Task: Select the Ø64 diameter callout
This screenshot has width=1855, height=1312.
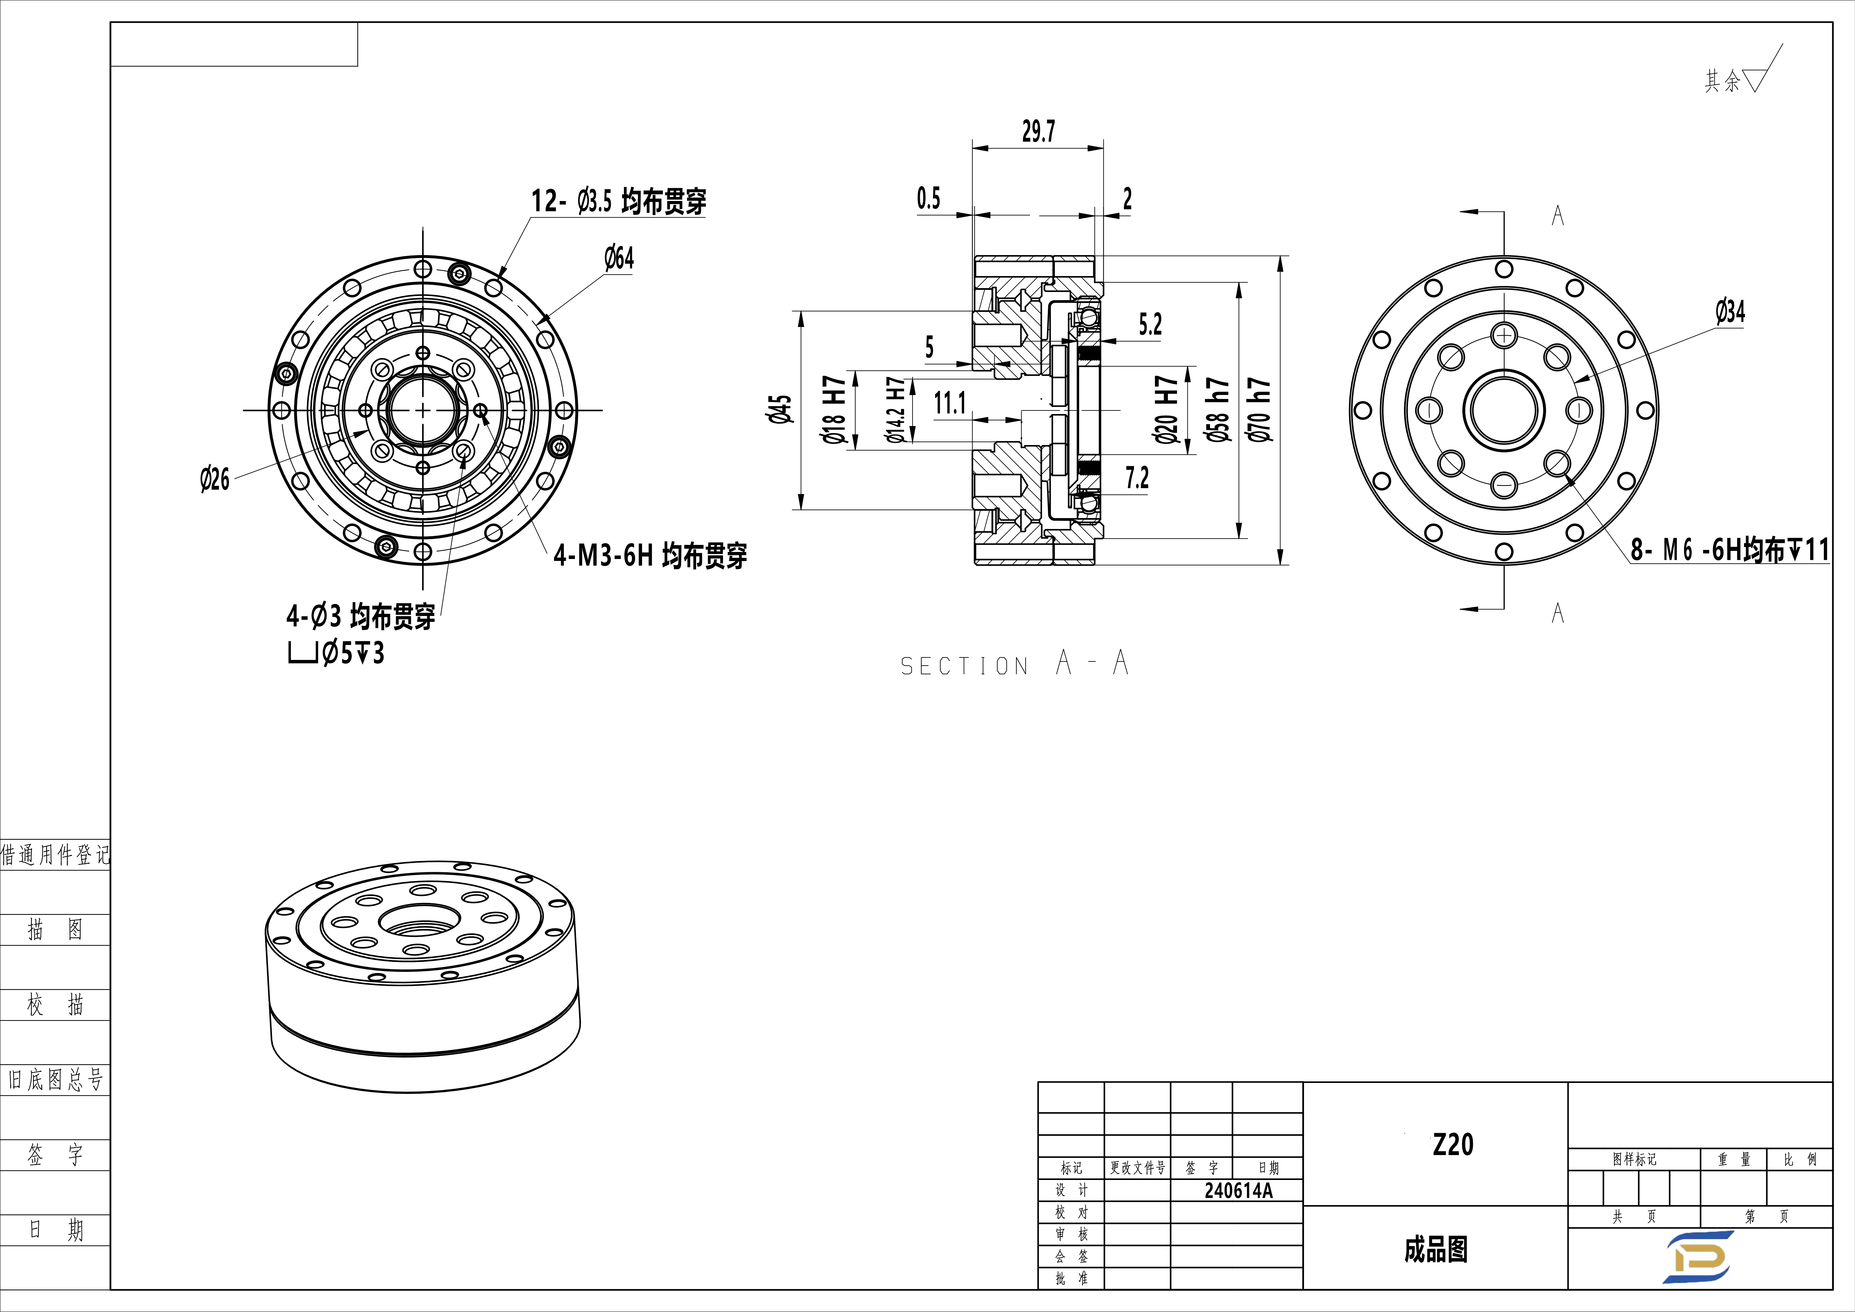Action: (x=619, y=259)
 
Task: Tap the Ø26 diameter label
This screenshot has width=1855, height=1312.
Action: (x=215, y=480)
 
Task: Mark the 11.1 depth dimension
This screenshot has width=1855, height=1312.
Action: (x=950, y=403)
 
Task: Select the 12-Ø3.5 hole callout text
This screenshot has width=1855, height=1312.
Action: (x=618, y=201)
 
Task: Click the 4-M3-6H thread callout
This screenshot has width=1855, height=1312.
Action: (x=650, y=556)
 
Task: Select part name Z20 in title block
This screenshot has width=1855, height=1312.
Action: (x=1453, y=1145)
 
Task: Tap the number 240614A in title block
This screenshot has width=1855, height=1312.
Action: (x=1238, y=1191)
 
